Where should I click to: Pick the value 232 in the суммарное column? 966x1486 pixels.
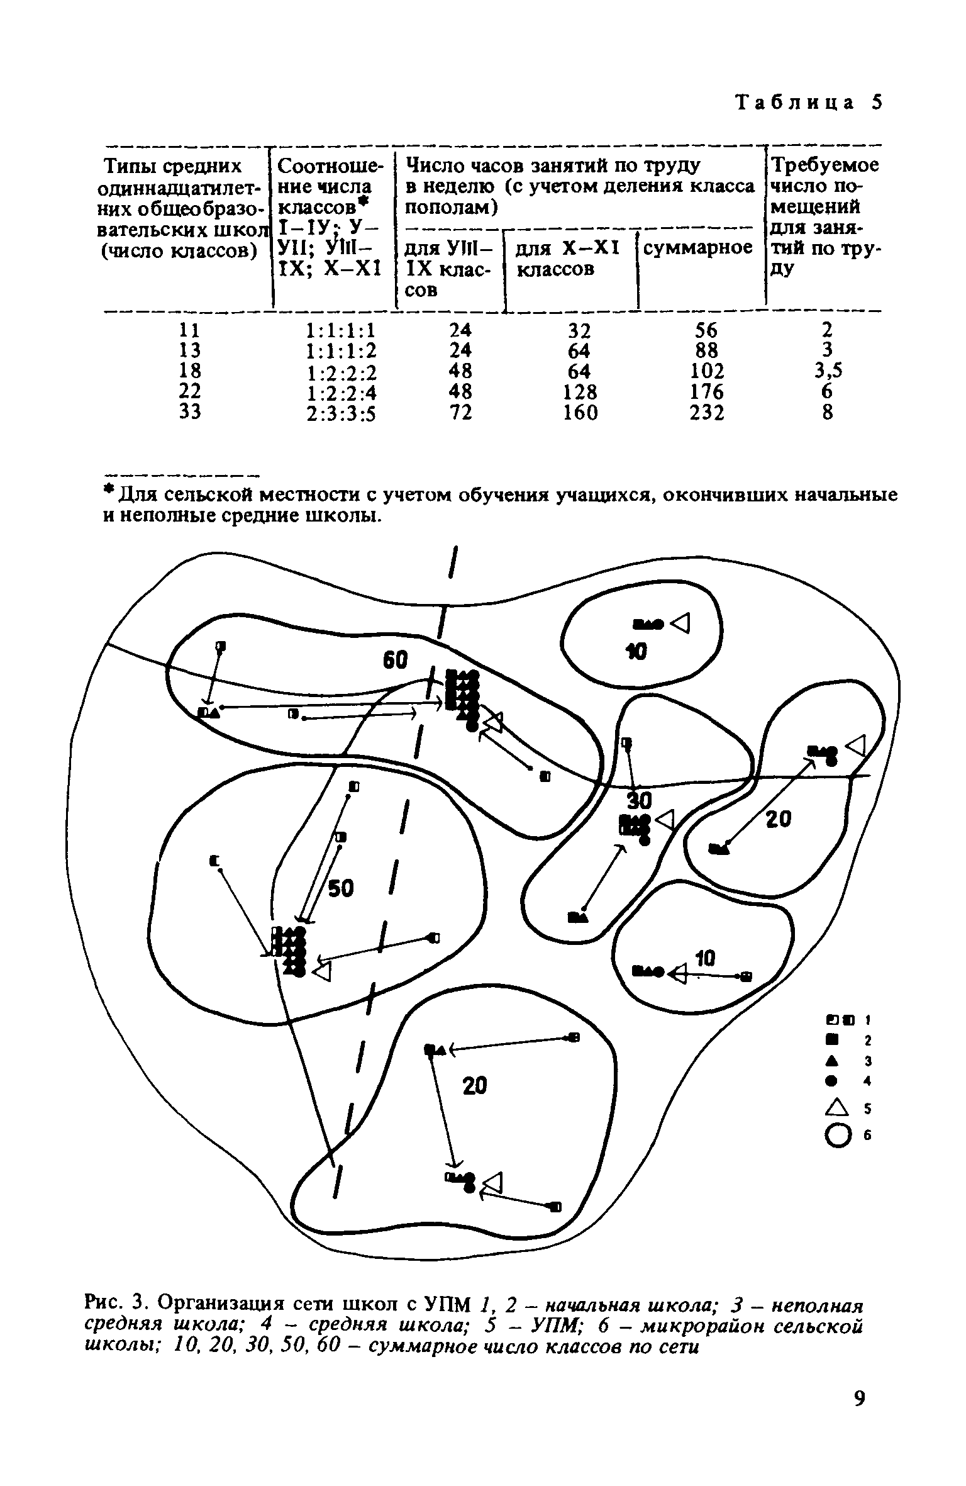[707, 413]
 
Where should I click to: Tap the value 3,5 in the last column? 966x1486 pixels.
[827, 371]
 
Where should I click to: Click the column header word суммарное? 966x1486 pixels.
[698, 249]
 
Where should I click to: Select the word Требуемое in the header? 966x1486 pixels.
[824, 166]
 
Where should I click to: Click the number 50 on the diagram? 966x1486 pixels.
[341, 888]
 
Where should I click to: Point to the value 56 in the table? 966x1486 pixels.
[707, 330]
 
